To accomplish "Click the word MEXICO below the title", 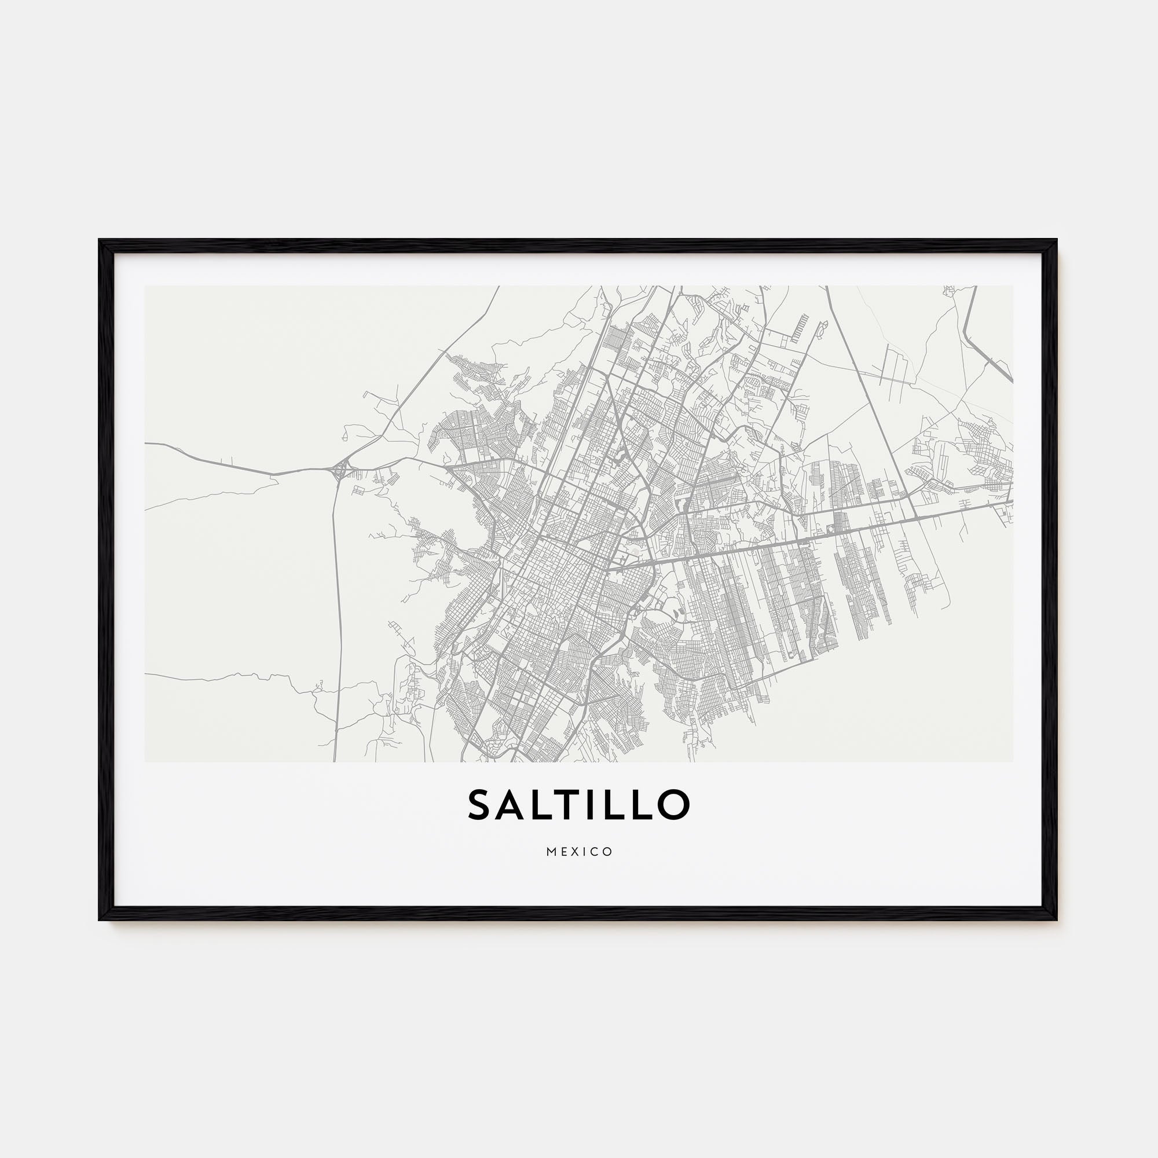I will point(579,852).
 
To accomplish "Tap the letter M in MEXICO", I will point(550,852).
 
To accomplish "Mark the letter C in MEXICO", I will point(595,852).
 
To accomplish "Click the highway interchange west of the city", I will point(340,470).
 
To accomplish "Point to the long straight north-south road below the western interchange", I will point(339,599).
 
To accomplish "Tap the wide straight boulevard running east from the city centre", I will point(779,543).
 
